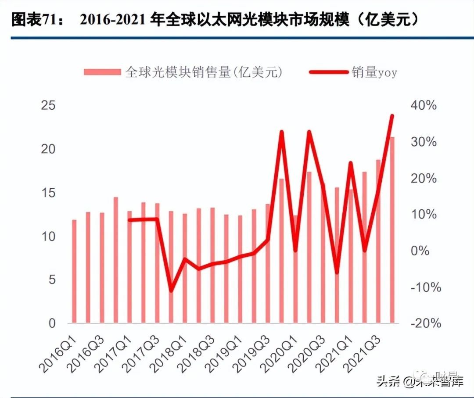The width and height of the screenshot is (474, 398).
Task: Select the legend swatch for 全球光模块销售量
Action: (x=102, y=72)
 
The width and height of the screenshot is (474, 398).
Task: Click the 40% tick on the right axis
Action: (x=424, y=106)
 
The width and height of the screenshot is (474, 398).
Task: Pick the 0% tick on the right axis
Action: (x=428, y=251)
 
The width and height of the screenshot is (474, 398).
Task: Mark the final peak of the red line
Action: (x=392, y=116)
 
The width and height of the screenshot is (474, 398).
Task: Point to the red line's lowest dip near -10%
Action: (x=171, y=291)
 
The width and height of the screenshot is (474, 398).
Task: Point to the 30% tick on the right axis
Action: (x=424, y=142)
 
